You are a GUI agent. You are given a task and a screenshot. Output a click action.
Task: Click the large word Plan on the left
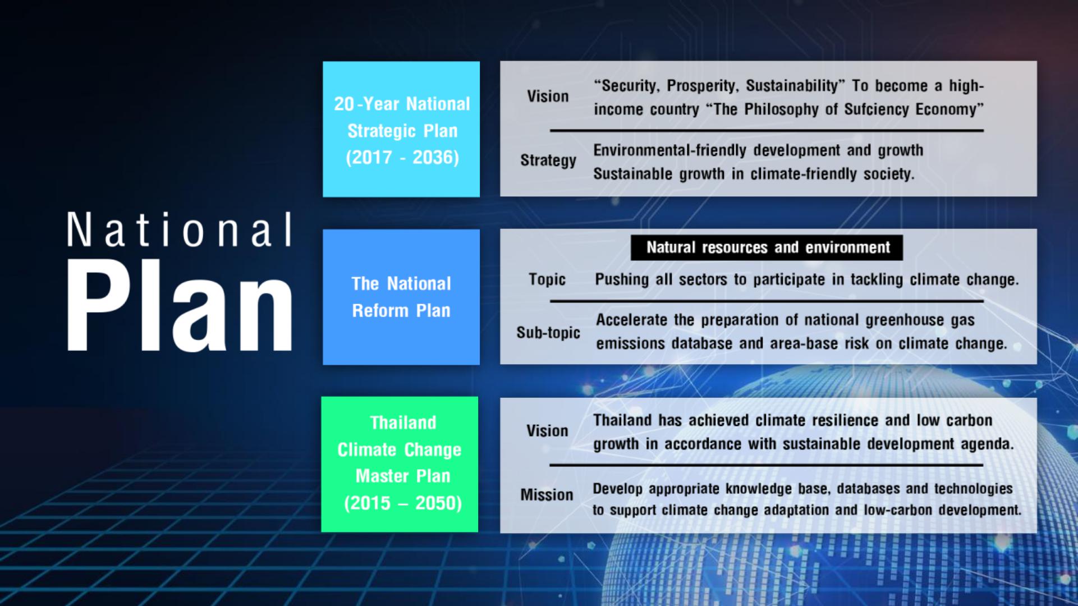coord(180,306)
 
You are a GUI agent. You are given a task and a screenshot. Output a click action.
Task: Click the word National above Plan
coord(180,229)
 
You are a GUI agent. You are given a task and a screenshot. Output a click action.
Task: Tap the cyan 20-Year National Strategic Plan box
coord(401,129)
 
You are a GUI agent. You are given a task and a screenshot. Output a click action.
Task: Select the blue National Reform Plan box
coord(401,297)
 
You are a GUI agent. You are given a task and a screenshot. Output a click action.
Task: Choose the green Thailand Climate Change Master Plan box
coord(400,464)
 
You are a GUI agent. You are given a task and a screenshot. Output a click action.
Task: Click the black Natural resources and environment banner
coord(767,247)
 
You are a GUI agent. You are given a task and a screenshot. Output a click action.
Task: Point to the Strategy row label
coord(548,160)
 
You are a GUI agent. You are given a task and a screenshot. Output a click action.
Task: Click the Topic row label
coord(547,279)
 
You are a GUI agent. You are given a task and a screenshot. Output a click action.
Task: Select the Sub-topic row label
coord(548,332)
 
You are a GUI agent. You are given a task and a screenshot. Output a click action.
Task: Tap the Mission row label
coord(547,494)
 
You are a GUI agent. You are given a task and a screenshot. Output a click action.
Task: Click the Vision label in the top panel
coord(548,96)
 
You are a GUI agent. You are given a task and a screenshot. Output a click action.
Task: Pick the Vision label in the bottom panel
coord(547,430)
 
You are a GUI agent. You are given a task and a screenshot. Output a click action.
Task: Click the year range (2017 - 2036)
coord(402,157)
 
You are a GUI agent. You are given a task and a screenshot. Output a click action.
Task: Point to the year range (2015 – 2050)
coord(403,503)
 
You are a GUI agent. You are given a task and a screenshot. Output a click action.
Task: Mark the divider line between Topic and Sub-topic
coord(767,301)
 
